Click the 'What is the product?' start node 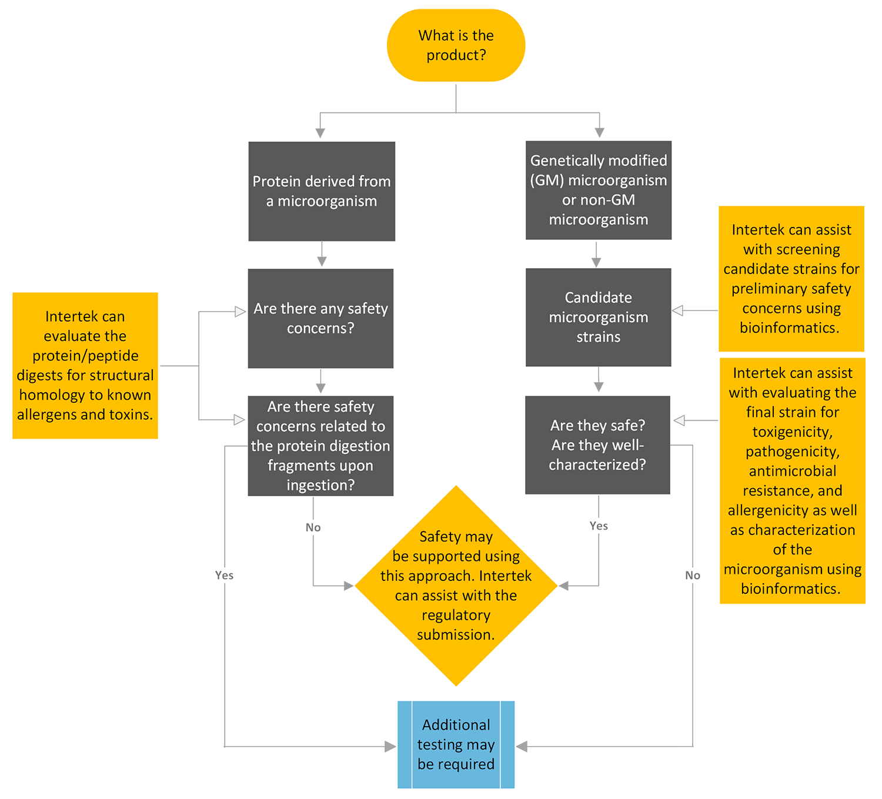[456, 45]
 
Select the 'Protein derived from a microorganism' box [322, 191]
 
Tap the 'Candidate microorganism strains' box [598, 317]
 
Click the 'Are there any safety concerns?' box [320, 318]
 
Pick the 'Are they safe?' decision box [597, 444]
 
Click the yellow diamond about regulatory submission [456, 586]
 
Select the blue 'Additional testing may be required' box [456, 744]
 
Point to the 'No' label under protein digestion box [313, 527]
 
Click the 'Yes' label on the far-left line [224, 575]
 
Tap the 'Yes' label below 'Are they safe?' [599, 526]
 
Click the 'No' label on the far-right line [693, 575]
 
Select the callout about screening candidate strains [791, 279]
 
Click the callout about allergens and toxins [85, 365]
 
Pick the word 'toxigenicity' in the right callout [792, 432]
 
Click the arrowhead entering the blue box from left [390, 747]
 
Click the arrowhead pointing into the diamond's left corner [348, 586]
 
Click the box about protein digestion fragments [320, 446]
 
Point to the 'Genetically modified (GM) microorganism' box [598, 190]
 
